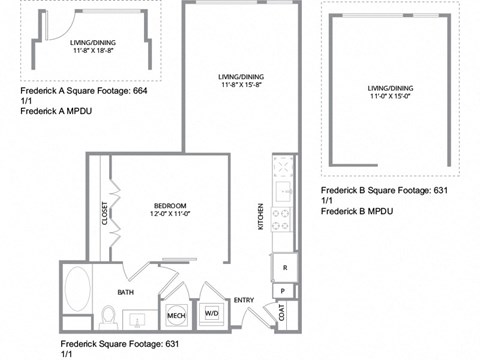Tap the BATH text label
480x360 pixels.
(x=126, y=293)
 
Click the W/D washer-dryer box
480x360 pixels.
(x=212, y=314)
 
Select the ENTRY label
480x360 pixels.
(x=244, y=300)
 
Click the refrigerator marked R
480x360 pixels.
(x=284, y=268)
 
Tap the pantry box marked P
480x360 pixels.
(x=284, y=291)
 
